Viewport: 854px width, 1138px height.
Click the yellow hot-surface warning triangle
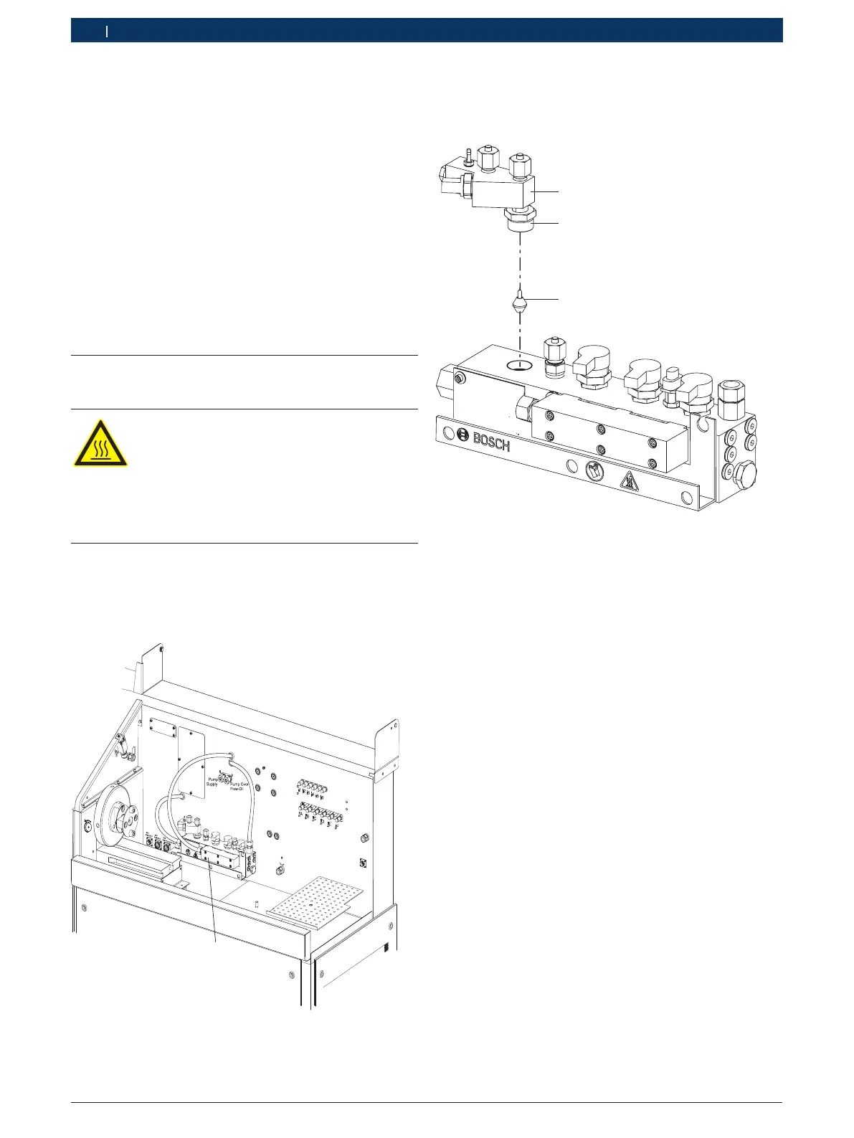(x=101, y=444)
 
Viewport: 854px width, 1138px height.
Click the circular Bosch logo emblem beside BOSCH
(x=462, y=436)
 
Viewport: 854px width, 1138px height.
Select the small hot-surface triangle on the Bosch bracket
(x=629, y=483)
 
